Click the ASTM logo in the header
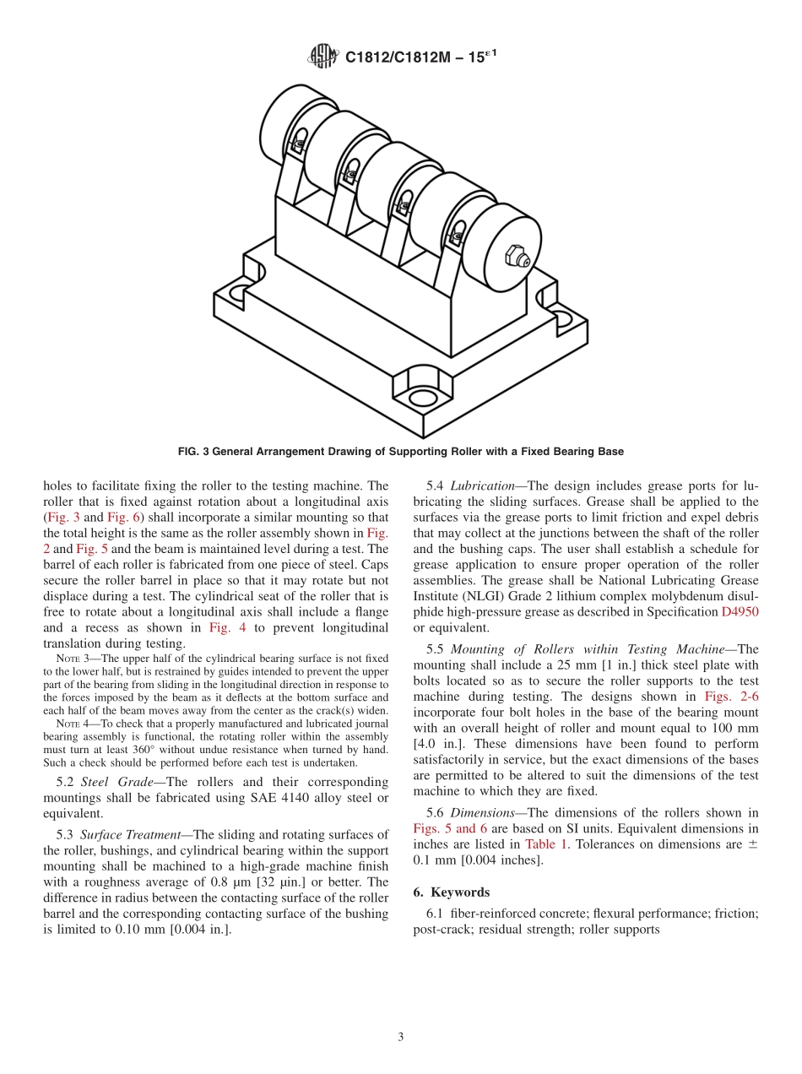322,57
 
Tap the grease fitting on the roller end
513,256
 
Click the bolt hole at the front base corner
422,397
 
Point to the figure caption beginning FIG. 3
400,452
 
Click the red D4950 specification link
740,611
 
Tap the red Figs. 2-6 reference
731,697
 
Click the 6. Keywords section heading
451,892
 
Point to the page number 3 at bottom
401,1037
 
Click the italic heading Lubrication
482,485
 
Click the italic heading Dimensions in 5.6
482,812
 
